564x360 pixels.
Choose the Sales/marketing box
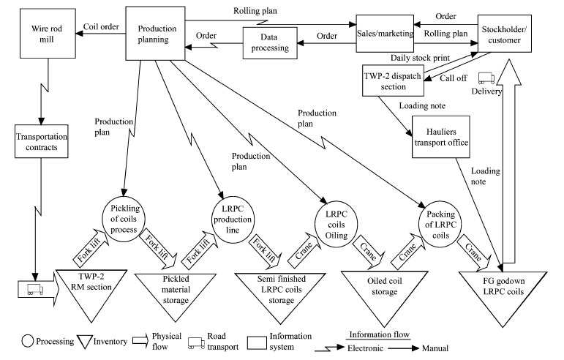tap(386, 32)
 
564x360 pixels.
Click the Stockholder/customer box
tap(503, 33)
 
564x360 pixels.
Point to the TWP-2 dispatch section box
tap(394, 80)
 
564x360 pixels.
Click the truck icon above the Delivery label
tap(486, 79)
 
